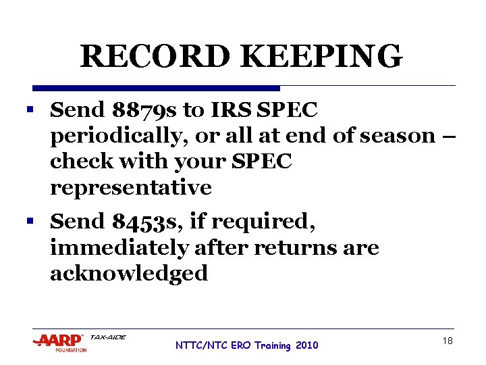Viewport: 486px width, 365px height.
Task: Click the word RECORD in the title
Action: [x=144, y=57]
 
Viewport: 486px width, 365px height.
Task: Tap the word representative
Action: [x=131, y=187]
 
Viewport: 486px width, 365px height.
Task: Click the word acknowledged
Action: [x=129, y=273]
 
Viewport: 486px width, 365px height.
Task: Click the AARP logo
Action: [x=59, y=342]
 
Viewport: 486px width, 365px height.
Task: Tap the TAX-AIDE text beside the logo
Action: [x=108, y=337]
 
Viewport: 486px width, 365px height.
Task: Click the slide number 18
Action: [x=448, y=341]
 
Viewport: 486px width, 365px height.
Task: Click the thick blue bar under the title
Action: [x=156, y=88]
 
